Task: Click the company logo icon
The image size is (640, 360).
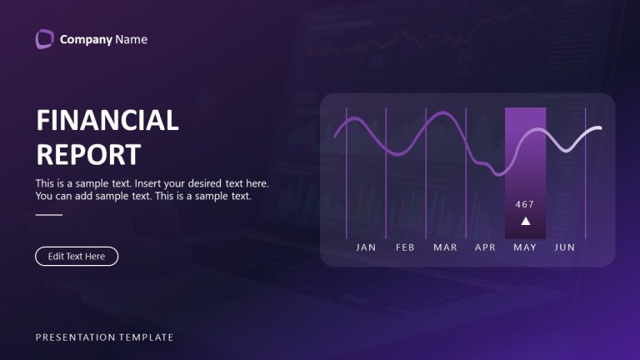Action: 44,39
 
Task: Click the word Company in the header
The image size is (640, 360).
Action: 86,39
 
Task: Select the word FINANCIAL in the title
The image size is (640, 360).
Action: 107,120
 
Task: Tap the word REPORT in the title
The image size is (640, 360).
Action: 88,155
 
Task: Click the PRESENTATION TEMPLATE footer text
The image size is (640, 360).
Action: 104,337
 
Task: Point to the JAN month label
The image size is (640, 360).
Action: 366,247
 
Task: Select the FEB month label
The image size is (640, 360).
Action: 405,247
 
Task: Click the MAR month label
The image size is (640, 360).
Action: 445,247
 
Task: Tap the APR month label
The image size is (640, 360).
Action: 485,247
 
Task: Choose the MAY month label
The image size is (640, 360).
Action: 525,247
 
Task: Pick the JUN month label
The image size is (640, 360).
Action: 565,247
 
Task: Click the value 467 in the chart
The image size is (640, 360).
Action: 525,204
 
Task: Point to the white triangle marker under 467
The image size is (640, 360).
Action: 525,221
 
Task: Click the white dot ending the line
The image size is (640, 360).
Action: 597,129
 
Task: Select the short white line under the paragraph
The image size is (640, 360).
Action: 49,215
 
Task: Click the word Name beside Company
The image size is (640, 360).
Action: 131,39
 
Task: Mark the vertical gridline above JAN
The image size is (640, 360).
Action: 346,183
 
